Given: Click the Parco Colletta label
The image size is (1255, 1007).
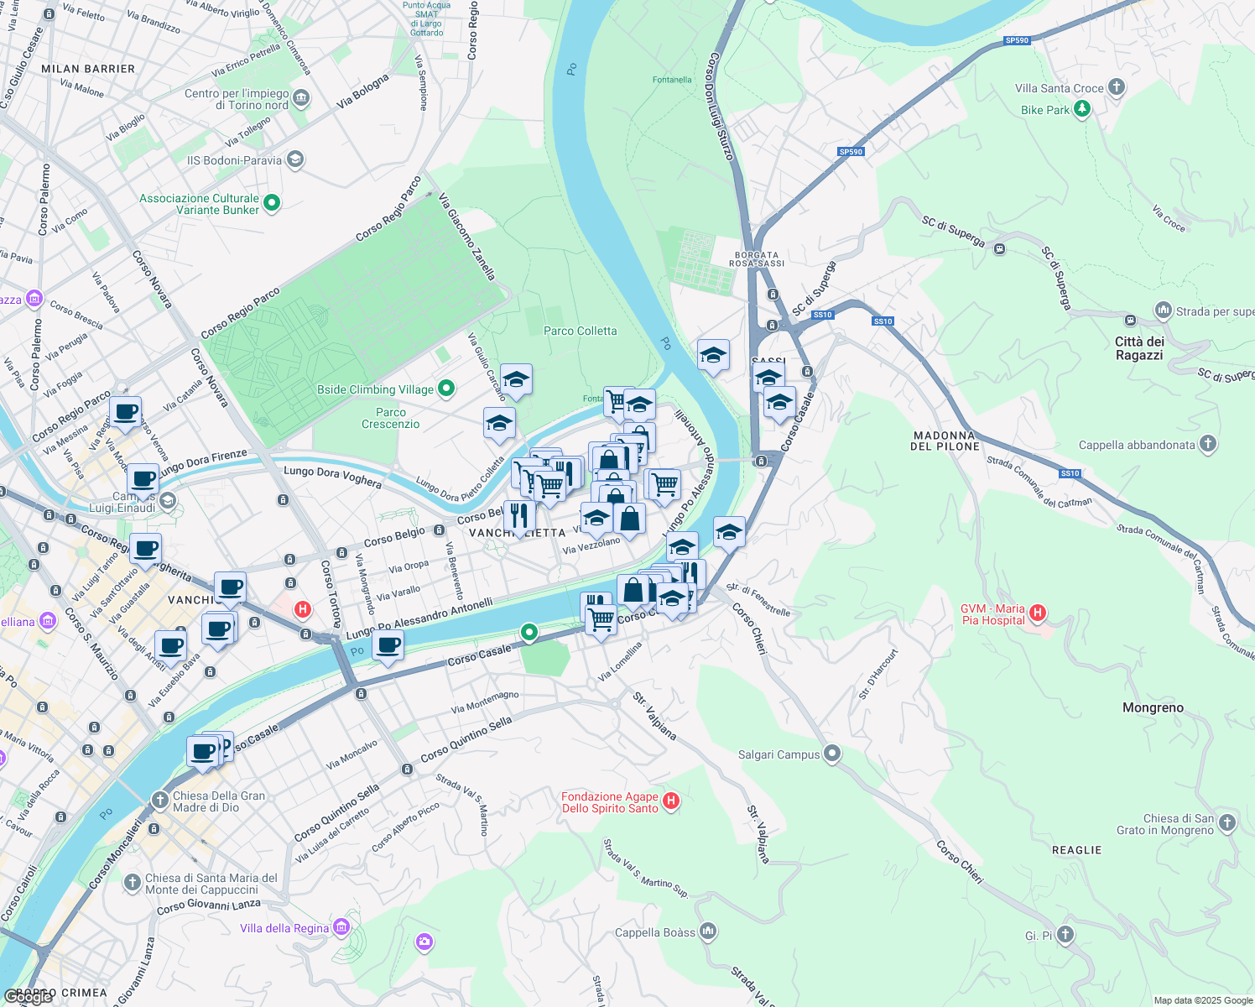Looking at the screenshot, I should [580, 331].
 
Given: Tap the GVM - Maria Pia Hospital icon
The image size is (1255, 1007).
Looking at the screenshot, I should [1038, 613].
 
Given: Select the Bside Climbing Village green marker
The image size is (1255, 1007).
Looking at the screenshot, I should [446, 388].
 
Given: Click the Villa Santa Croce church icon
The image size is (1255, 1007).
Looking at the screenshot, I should [1116, 87].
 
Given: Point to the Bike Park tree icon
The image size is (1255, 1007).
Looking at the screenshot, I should [1082, 109].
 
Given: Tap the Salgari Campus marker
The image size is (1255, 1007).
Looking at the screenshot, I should [831, 754].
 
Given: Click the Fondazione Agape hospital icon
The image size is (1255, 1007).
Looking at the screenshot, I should [670, 801].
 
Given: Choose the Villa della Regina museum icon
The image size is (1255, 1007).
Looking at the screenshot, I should [341, 927].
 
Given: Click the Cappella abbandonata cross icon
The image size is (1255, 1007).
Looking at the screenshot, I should [1207, 444].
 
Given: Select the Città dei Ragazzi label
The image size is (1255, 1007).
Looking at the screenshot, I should [1139, 348].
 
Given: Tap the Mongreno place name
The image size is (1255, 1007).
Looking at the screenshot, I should [1153, 707].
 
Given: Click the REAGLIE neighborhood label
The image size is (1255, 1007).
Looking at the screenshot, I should [1076, 850].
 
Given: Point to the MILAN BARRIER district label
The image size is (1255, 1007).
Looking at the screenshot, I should [88, 69].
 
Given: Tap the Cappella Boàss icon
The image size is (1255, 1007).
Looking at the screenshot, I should [708, 931].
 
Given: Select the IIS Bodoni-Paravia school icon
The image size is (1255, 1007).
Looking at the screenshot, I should [294, 159].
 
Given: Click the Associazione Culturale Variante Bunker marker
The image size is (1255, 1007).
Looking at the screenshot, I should [271, 203].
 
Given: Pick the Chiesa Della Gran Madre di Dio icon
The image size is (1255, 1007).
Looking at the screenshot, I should [159, 801].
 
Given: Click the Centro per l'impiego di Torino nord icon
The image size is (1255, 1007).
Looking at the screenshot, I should [301, 99].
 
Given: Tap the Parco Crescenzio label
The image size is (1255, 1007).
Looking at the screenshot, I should [390, 418].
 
